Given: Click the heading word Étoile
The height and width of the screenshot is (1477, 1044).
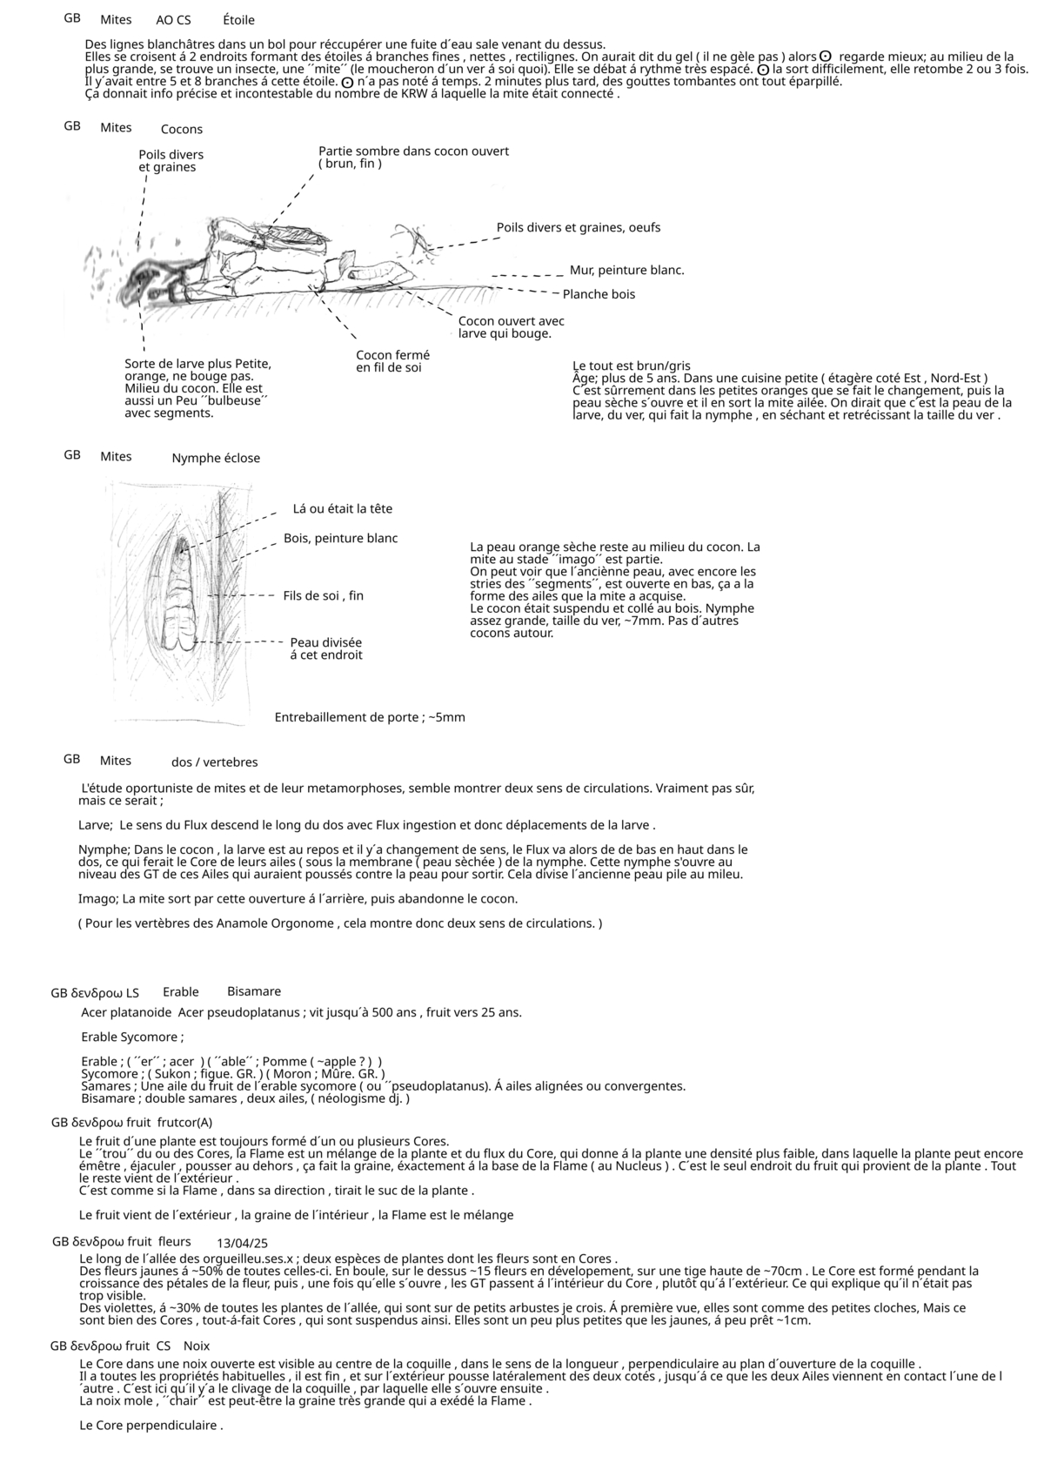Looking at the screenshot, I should pos(238,20).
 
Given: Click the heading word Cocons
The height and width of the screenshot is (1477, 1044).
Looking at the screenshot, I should pos(181,130).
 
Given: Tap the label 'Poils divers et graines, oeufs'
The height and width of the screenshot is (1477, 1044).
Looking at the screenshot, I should pos(578,228).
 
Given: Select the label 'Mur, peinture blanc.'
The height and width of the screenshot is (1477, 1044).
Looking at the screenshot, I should pos(626,271).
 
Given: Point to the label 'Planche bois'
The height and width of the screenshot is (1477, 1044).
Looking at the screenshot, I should pos(599,294).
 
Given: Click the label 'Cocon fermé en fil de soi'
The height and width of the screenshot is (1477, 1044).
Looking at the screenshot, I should pos(392,361).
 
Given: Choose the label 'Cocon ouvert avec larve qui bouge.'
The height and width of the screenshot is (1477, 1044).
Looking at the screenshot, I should pos(511,327).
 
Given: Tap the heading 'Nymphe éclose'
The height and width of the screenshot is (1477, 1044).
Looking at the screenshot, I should pos(216,459).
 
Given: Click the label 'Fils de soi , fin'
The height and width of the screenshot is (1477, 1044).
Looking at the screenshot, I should pos(323,596).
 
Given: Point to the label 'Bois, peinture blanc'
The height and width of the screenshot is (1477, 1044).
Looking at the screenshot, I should pos(340,539).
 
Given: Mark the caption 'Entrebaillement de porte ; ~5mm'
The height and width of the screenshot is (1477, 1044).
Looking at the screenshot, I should pos(370,718).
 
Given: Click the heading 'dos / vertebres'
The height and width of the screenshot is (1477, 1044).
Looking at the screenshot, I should pos(214,762).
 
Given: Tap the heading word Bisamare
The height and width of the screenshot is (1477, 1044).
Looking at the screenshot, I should pos(254,991).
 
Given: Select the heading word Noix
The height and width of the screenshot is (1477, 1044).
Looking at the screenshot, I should pos(197,1346).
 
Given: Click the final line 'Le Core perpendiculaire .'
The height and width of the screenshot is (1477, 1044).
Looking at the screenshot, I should pos(151,1426).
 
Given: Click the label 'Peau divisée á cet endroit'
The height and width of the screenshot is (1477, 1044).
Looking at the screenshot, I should pos(325,648).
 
